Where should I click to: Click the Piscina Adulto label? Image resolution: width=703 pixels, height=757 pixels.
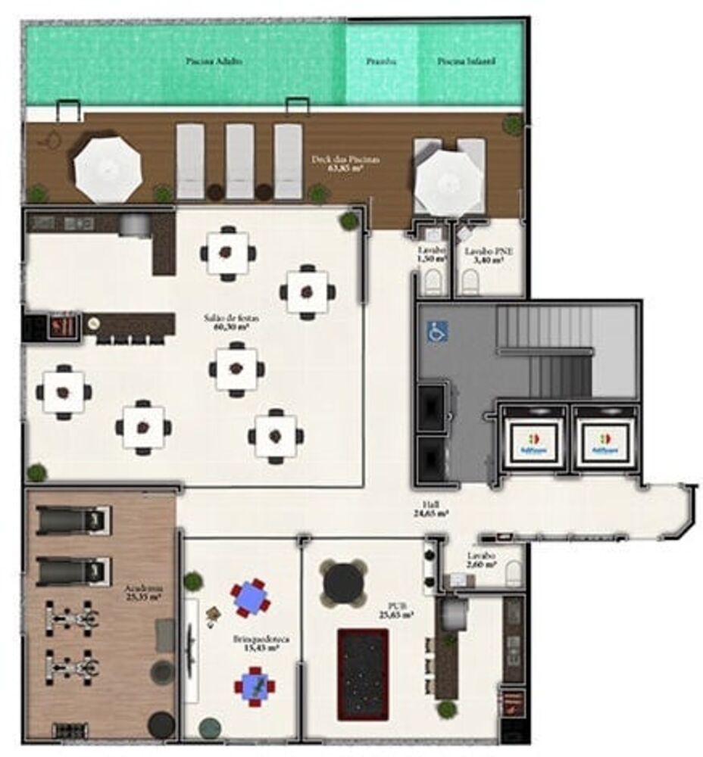(214, 61)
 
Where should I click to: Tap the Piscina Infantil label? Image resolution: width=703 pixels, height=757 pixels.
(467, 61)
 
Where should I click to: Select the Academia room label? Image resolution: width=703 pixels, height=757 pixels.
(143, 592)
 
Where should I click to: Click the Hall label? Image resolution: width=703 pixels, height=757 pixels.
(433, 508)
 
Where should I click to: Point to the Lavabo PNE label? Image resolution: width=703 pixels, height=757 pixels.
(485, 254)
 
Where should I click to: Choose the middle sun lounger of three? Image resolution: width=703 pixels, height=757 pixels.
(239, 160)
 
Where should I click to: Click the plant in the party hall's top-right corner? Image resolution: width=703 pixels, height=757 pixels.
(349, 220)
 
